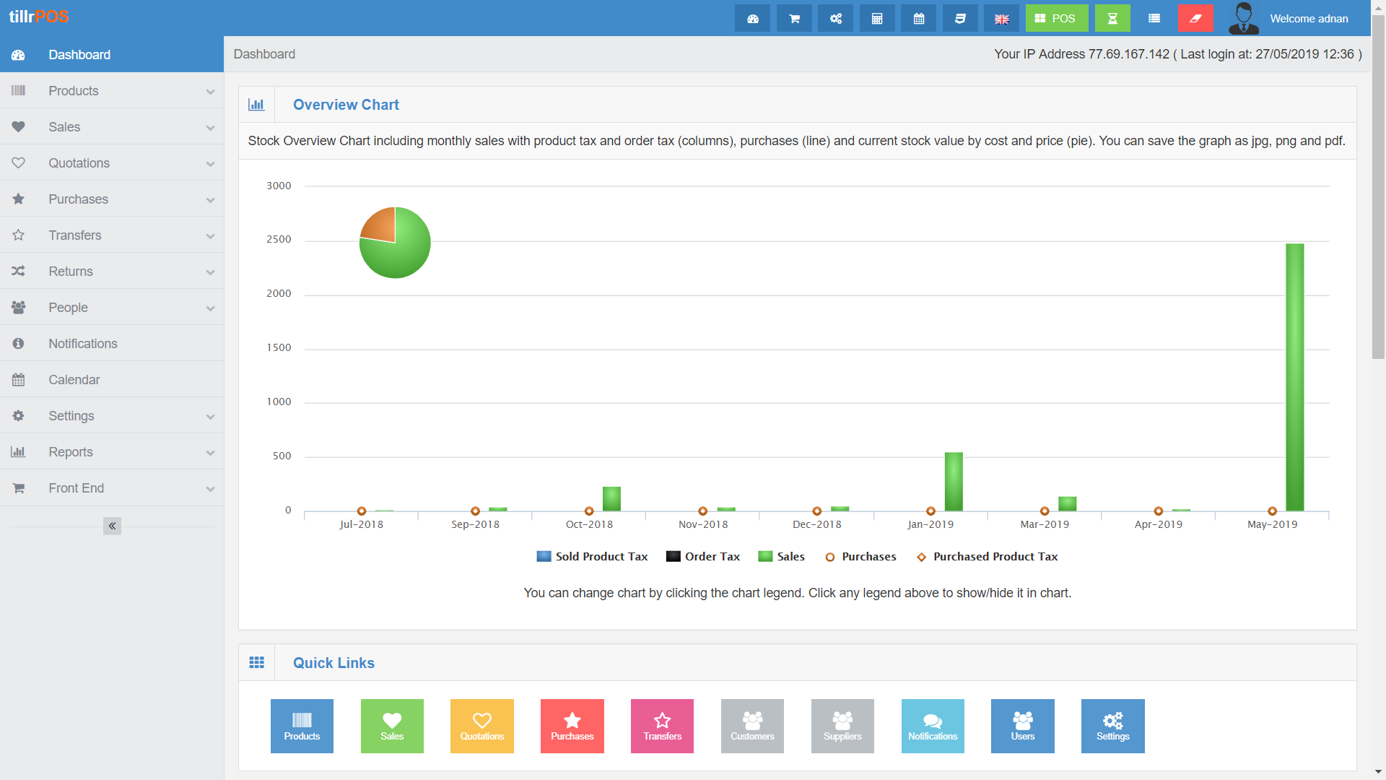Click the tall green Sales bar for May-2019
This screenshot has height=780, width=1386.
click(1294, 377)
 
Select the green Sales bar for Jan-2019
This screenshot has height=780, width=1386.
click(953, 482)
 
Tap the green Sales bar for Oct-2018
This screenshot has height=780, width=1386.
click(611, 498)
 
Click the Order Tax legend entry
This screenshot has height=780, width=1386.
click(703, 557)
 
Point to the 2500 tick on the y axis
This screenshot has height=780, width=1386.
click(279, 240)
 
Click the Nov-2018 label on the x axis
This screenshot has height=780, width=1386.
click(703, 525)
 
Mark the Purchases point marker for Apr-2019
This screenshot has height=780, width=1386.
click(1158, 511)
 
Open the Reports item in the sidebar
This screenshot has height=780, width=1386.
click(71, 452)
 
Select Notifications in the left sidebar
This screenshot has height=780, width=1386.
click(82, 344)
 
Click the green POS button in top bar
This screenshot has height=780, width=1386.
click(1056, 19)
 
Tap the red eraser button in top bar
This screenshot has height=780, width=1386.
click(1195, 19)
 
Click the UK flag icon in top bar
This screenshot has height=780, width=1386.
click(1001, 19)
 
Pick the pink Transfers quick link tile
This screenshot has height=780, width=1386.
click(662, 726)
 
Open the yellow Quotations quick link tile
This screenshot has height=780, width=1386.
click(481, 726)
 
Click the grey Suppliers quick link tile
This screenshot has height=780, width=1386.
click(842, 726)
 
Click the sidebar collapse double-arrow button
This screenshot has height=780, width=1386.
click(112, 526)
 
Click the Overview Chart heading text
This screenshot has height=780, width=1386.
click(346, 105)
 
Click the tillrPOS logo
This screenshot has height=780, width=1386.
click(39, 17)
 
